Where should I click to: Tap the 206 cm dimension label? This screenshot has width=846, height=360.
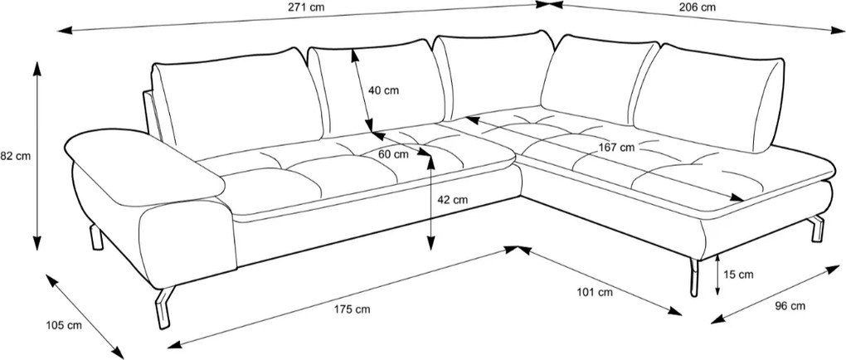[698, 7]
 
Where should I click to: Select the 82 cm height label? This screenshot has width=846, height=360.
[15, 157]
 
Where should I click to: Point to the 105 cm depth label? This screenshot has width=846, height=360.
[64, 325]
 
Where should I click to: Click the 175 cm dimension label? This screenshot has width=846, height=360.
[352, 309]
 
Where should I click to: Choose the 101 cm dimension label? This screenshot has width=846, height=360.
[596, 293]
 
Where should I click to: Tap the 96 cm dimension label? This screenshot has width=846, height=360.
[790, 306]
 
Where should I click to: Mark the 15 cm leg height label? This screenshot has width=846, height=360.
[737, 275]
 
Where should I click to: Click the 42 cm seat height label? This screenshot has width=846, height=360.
[452, 200]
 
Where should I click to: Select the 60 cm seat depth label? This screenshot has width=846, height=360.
[393, 153]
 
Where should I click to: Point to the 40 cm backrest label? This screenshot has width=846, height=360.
[384, 90]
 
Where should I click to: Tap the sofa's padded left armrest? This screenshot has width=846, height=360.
[144, 167]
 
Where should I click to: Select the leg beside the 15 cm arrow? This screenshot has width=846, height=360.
[694, 277]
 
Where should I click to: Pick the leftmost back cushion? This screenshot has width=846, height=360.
[237, 103]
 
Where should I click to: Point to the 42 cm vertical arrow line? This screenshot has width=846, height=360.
[430, 203]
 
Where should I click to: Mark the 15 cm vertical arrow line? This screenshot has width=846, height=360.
[717, 275]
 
